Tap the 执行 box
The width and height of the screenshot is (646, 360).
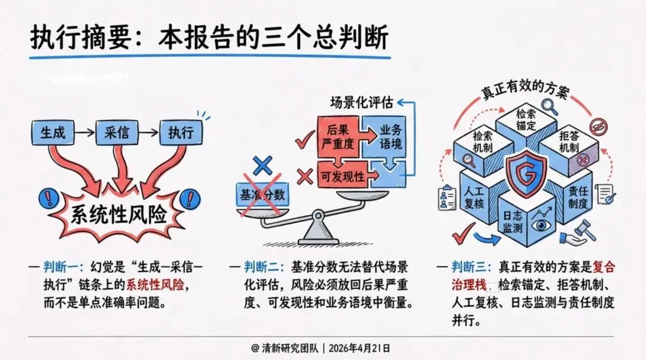[x=180, y=132]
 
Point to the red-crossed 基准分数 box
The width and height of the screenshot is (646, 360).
[x=261, y=194]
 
